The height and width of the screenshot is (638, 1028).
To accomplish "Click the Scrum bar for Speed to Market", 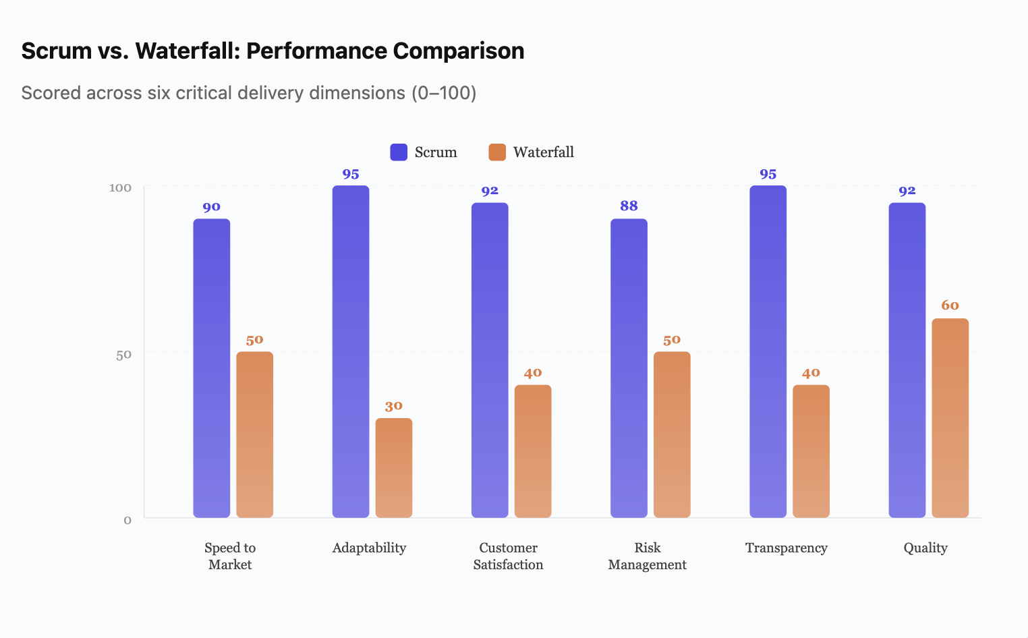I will [211, 368].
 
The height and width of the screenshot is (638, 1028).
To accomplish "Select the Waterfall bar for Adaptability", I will [393, 468].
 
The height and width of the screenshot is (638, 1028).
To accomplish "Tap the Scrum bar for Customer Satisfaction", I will [490, 360].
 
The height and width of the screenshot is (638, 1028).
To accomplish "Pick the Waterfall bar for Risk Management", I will [672, 434].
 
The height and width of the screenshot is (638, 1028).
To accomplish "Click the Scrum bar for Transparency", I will [768, 351].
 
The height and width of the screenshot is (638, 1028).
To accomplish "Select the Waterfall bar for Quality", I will [950, 418].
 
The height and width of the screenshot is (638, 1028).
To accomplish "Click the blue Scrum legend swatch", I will [399, 152].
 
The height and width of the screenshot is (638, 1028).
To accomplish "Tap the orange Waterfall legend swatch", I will [497, 152].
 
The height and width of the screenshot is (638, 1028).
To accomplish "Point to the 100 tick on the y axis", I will [120, 187].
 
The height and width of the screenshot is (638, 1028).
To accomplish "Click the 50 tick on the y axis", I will [123, 355].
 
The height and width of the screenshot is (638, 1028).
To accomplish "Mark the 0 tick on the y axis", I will [127, 520].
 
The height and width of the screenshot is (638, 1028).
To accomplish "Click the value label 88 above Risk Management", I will [629, 206].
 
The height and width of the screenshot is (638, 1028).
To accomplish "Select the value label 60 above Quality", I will [950, 306].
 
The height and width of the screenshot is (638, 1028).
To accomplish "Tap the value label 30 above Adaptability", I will [393, 406].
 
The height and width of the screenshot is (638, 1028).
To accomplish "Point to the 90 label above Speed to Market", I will [211, 207].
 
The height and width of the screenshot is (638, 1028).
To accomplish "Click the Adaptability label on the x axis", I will [369, 548].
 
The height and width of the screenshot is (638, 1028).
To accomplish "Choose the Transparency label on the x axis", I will [786, 548].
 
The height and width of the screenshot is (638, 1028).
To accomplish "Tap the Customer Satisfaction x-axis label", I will [508, 556].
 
